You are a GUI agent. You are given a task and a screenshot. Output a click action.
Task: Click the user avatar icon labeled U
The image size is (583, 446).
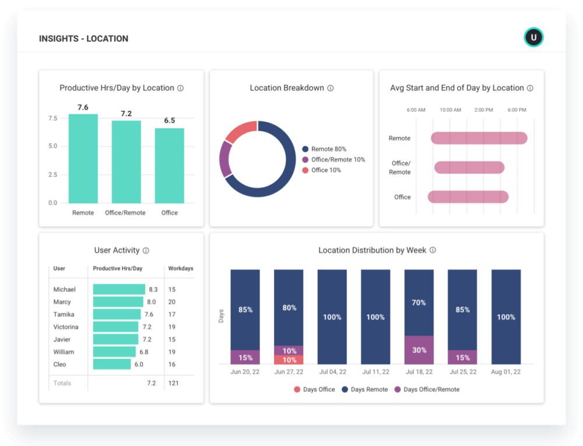coord(533,38)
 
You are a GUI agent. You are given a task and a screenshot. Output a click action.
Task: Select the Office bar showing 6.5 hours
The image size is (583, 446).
coord(170,166)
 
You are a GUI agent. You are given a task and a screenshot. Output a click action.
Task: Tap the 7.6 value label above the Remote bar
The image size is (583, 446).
coord(83,107)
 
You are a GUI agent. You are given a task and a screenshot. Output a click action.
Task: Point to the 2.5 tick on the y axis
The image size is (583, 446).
coord(52,175)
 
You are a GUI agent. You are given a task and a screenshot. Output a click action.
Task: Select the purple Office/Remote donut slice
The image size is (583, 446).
coord(224,158)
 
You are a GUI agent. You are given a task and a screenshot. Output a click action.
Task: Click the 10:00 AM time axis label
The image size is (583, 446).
coord(450,110)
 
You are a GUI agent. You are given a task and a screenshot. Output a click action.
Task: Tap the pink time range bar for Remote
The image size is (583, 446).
coord(479,138)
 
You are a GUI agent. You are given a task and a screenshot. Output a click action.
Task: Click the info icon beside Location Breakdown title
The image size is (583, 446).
coord(331,89)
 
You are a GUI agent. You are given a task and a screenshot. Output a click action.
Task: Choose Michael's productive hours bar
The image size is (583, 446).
coord(119,289)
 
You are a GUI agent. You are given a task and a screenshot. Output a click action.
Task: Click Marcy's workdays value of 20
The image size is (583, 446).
coord(172,302)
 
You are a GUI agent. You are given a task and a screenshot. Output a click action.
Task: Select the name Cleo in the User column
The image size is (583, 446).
coord(59,364)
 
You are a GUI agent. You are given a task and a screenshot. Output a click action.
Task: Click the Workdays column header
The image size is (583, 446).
coord(180,269)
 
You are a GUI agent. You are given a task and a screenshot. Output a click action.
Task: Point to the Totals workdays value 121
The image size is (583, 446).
coord(174,383)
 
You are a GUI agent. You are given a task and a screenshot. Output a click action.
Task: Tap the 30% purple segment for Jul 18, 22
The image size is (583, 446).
coord(419,350)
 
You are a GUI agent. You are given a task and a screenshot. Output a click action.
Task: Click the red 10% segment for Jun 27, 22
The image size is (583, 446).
coord(289,360)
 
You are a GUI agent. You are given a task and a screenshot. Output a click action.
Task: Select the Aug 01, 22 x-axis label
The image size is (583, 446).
coord(505,371)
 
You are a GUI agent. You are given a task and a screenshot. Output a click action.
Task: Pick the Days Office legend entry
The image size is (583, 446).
coord(314,389)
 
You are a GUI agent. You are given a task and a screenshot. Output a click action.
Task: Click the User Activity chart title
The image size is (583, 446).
coord(117,251)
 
